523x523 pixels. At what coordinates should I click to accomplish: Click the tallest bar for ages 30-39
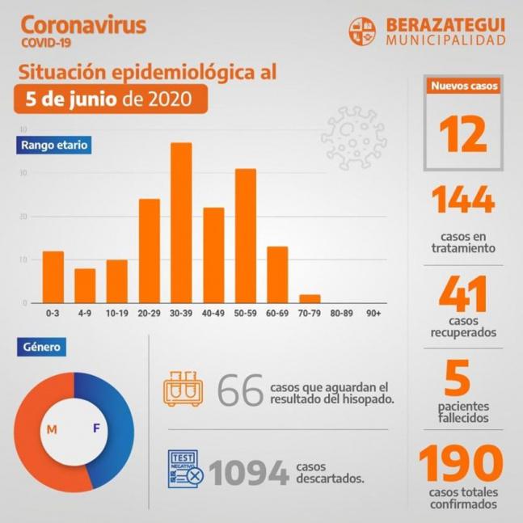tap(181, 223)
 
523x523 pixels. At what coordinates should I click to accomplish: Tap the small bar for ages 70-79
tap(310, 299)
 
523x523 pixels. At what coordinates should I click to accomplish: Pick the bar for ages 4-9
tap(85, 285)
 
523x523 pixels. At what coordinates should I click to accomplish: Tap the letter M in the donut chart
tap(52, 429)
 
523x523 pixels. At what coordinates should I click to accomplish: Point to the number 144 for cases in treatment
tap(463, 200)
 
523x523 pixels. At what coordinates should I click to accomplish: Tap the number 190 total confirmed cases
tap(461, 465)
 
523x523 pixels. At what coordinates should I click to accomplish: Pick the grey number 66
tap(241, 391)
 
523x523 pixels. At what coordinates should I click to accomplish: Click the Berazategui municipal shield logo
tap(362, 31)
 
